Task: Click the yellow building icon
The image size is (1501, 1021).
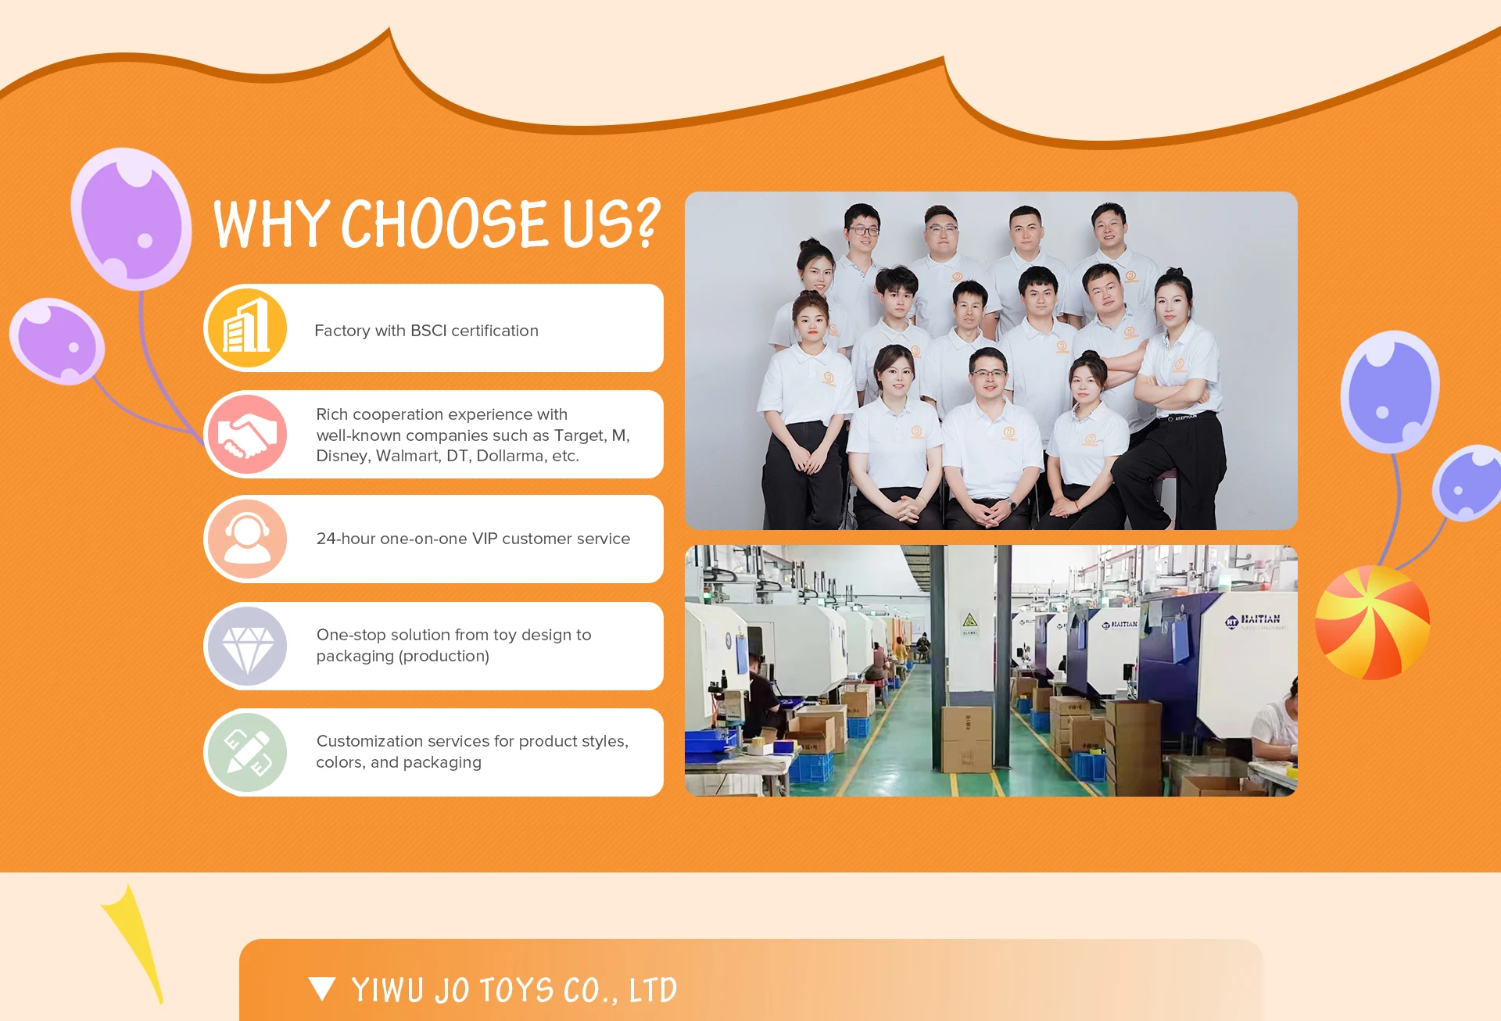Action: pyautogui.click(x=246, y=328)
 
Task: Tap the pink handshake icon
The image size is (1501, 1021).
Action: pyautogui.click(x=247, y=435)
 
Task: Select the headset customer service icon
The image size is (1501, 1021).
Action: pyautogui.click(x=247, y=539)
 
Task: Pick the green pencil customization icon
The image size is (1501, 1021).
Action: pyautogui.click(x=247, y=752)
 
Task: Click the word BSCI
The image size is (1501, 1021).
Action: pyautogui.click(x=428, y=331)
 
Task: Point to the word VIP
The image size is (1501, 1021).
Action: pyautogui.click(x=485, y=539)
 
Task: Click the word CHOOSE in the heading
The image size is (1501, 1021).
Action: pyautogui.click(x=444, y=224)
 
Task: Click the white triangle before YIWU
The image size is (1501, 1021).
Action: pyautogui.click(x=322, y=989)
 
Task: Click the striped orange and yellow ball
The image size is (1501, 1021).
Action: pyautogui.click(x=1372, y=623)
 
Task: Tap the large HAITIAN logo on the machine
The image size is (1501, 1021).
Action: pyautogui.click(x=1253, y=621)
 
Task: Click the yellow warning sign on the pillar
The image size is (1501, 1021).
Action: pyautogui.click(x=970, y=621)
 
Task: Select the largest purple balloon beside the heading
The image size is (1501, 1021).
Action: pyautogui.click(x=131, y=219)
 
